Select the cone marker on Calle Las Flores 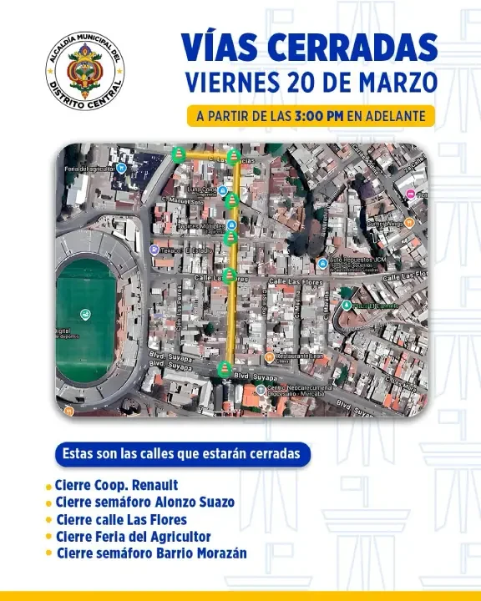point(229,275)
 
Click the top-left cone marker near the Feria point(179,154)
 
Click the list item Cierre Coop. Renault point(117,485)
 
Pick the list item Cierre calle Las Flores point(121,519)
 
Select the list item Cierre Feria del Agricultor point(133,537)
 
